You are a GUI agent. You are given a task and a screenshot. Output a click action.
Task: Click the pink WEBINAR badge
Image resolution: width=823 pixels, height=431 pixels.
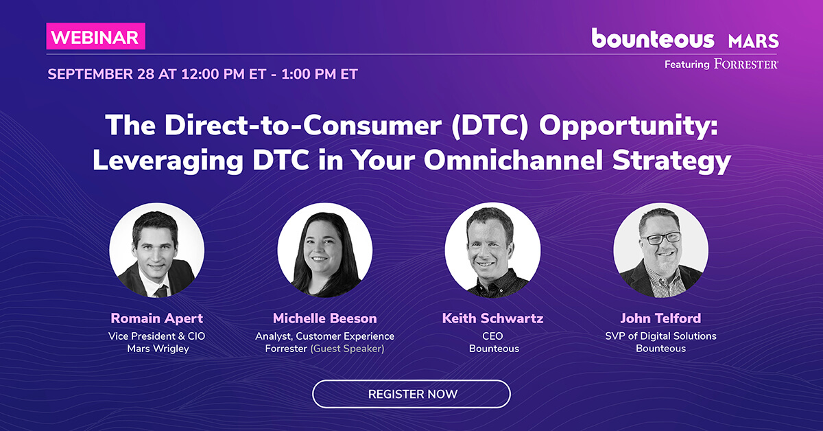pyautogui.click(x=96, y=36)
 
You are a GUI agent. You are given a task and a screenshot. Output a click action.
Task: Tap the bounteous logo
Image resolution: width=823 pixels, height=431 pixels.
pyautogui.click(x=653, y=38)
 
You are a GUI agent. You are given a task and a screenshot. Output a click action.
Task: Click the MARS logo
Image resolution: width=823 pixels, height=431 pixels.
pyautogui.click(x=754, y=40)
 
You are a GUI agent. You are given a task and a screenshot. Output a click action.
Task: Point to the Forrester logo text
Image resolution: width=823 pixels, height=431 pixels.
pyautogui.click(x=746, y=64)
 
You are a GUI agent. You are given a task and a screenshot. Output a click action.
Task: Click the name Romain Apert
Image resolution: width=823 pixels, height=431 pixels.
pyautogui.click(x=157, y=318)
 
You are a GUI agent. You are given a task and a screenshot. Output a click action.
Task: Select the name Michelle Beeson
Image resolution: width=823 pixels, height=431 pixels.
pyautogui.click(x=325, y=318)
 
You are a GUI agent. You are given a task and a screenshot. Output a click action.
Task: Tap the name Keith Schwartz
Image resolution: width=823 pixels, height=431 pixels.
pyautogui.click(x=492, y=318)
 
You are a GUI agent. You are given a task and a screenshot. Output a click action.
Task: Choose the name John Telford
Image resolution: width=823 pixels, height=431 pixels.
pyautogui.click(x=660, y=318)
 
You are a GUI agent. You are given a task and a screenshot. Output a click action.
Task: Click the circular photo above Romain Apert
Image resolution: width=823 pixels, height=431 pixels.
pyautogui.click(x=157, y=250)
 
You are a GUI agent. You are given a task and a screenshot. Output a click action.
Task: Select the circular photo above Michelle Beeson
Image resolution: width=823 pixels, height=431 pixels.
pyautogui.click(x=325, y=250)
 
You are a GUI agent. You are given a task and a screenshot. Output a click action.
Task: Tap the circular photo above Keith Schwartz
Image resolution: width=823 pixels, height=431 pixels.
pyautogui.click(x=492, y=250)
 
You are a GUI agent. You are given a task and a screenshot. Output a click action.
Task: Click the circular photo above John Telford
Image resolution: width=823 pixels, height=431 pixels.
pyautogui.click(x=660, y=250)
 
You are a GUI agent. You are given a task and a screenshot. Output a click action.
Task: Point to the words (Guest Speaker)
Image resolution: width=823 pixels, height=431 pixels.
pyautogui.click(x=347, y=349)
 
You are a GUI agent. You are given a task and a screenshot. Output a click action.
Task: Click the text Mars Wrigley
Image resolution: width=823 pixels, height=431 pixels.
pyautogui.click(x=158, y=349)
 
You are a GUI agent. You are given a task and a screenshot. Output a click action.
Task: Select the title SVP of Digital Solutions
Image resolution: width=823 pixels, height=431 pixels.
pyautogui.click(x=660, y=336)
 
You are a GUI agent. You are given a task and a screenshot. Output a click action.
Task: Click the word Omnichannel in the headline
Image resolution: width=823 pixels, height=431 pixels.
pyautogui.click(x=513, y=160)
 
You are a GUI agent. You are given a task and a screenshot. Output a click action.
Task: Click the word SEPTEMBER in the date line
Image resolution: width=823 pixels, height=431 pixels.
pyautogui.click(x=90, y=74)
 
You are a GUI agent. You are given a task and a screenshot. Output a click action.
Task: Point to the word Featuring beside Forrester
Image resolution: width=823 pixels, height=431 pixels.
pyautogui.click(x=687, y=65)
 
